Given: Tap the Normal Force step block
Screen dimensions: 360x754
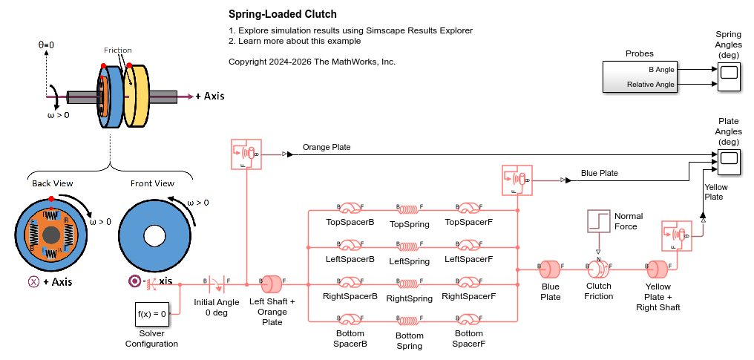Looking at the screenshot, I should click(598, 220).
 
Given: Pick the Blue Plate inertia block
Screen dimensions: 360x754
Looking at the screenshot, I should click(550, 267).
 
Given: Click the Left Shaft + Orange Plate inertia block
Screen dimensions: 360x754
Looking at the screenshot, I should click(271, 283).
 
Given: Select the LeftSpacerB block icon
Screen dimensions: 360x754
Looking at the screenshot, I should click(350, 245).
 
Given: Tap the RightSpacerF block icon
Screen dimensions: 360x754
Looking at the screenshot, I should click(468, 283).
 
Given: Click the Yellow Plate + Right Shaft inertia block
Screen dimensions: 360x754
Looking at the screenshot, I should click(658, 267).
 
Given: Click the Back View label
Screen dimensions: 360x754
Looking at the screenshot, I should click(52, 183).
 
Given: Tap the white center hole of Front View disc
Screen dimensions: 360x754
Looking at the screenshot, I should click(154, 235).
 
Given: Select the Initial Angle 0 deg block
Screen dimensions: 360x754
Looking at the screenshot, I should click(216, 283).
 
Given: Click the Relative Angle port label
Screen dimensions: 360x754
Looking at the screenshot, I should click(650, 85).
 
